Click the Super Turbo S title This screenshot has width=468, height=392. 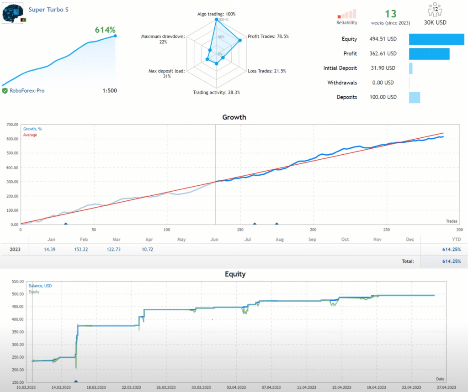48,10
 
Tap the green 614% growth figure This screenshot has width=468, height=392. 105,30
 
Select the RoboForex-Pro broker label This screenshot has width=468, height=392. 27,90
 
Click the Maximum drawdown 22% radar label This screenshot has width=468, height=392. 163,39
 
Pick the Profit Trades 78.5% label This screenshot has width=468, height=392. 268,37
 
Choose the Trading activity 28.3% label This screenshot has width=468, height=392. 216,92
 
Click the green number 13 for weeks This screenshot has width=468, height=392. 390,14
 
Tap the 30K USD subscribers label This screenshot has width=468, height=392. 435,22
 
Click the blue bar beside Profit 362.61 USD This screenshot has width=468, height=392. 429,54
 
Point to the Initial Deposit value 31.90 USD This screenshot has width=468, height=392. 382,68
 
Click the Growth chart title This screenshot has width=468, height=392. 234,117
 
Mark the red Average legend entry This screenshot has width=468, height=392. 30,135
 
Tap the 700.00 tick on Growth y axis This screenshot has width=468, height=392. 11,125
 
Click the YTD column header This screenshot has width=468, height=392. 456,239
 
